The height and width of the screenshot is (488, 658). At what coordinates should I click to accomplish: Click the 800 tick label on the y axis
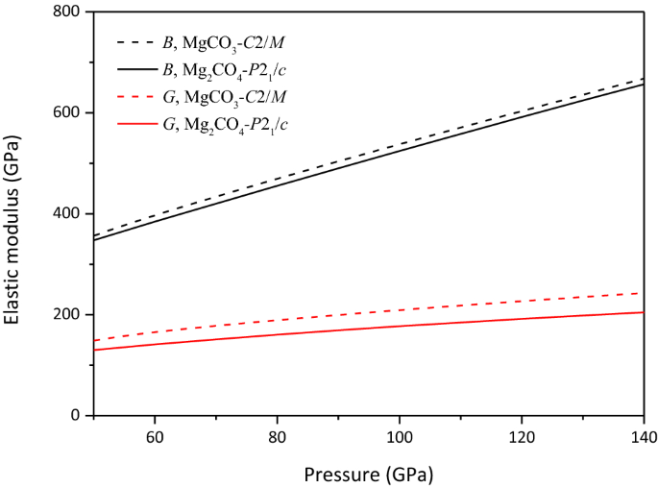click(x=67, y=12)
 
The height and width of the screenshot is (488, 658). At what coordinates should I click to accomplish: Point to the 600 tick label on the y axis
click(x=67, y=113)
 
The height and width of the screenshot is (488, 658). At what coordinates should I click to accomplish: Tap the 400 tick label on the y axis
click(x=67, y=214)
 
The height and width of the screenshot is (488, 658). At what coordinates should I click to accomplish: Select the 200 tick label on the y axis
click(x=67, y=315)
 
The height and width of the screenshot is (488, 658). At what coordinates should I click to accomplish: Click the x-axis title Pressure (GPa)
click(x=368, y=474)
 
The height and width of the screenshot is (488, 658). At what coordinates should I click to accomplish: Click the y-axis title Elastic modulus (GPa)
click(x=14, y=213)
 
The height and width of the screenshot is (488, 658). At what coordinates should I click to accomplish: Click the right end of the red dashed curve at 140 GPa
click(x=643, y=293)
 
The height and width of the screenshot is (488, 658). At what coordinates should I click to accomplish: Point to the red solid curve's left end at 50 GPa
click(x=94, y=350)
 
